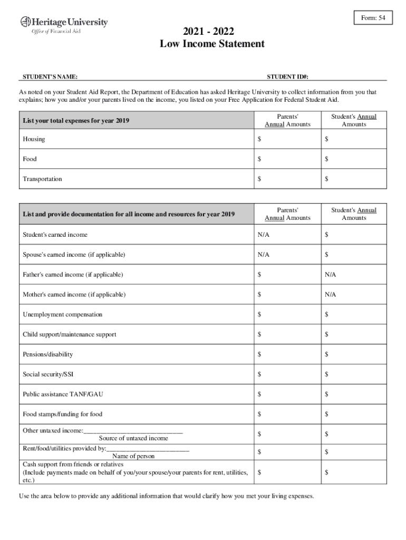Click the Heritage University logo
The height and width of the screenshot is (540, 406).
64,25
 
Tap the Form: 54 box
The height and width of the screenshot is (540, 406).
373,18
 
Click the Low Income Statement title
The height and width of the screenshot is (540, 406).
212,44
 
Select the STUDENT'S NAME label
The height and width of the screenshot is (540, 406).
50,77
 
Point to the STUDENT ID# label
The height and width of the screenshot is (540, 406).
287,77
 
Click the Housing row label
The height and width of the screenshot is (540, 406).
34,139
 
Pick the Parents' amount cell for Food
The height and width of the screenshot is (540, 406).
287,159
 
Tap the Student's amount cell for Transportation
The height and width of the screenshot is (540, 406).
353,179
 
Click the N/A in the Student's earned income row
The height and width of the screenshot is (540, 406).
263,235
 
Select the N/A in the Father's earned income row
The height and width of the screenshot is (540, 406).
330,275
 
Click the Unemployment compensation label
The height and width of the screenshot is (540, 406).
62,315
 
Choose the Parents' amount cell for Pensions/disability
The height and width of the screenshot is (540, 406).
287,354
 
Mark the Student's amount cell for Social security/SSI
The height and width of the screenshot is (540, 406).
353,374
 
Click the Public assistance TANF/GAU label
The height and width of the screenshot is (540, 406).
59,394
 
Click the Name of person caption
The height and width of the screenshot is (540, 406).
133,456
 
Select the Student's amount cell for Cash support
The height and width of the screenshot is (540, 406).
353,472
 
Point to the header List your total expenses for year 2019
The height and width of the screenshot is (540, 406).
76,121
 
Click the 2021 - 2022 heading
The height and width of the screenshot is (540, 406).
212,32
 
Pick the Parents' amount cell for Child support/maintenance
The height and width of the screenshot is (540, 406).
287,335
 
